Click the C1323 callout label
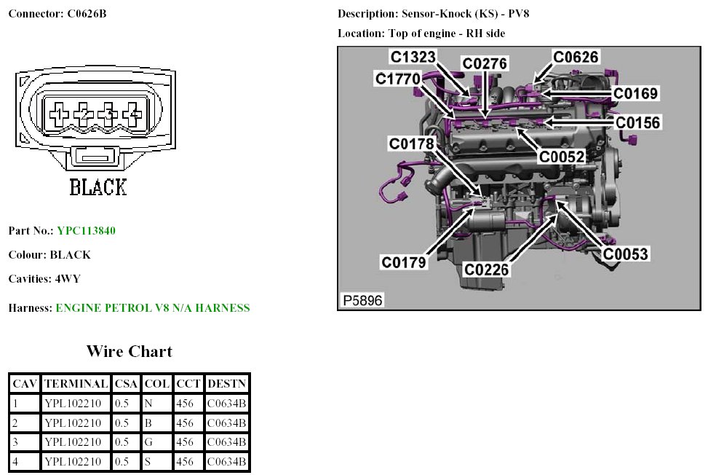pos(413,57)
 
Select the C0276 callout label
pos(485,64)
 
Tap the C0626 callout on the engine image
pos(576,57)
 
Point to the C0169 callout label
pos(635,93)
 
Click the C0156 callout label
pos(638,122)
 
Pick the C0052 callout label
pos(561,156)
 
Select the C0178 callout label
pos(411,144)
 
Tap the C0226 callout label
pos(487,270)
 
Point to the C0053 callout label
pos(625,254)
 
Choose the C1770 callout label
pos(398,78)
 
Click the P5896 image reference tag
pos(362,299)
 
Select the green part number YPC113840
pos(86,231)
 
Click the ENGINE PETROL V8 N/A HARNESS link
pos(152,308)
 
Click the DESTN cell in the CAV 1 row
pos(227,403)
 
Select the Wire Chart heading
pos(130,351)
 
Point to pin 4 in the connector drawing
pos(132,113)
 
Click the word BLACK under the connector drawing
pos(98,187)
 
